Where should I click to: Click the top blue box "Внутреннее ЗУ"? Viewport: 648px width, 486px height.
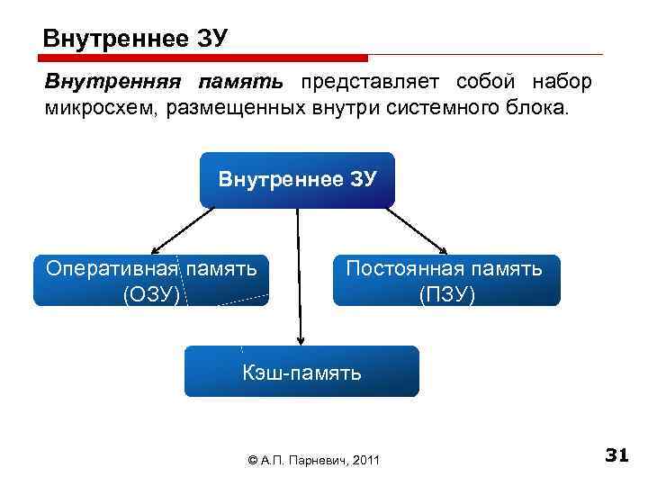pyautogui.click(x=297, y=179)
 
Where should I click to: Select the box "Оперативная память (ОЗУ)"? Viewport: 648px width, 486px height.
pyautogui.click(x=151, y=280)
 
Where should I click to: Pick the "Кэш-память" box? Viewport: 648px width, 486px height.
pyautogui.click(x=301, y=371)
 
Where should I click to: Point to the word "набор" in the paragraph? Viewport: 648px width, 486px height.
pyautogui.click(x=562, y=83)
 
